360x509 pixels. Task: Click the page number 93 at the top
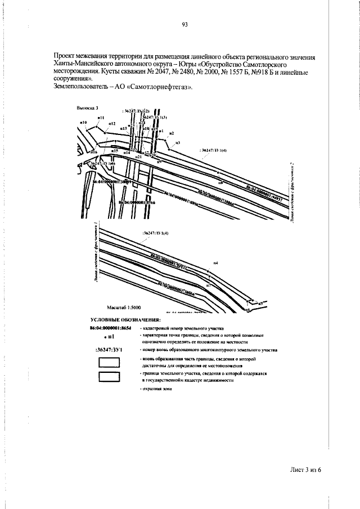click(x=184, y=24)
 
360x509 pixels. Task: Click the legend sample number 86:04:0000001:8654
click(x=111, y=327)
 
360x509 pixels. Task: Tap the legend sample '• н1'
click(x=111, y=337)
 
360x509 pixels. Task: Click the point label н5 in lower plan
click(x=261, y=304)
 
